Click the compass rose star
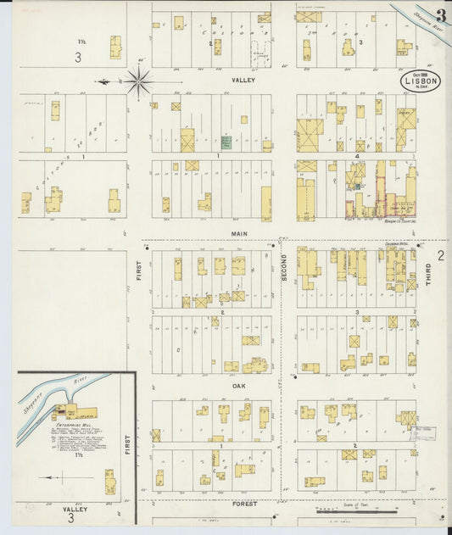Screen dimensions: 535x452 (138, 81)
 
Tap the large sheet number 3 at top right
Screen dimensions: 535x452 (441, 15)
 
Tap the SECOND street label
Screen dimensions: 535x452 (285, 268)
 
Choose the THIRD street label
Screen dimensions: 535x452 (428, 283)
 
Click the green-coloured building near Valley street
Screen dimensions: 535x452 (226, 142)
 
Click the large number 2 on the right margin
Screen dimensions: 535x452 (440, 255)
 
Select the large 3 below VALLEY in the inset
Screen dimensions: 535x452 (71, 518)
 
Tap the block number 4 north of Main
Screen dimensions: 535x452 (358, 155)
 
